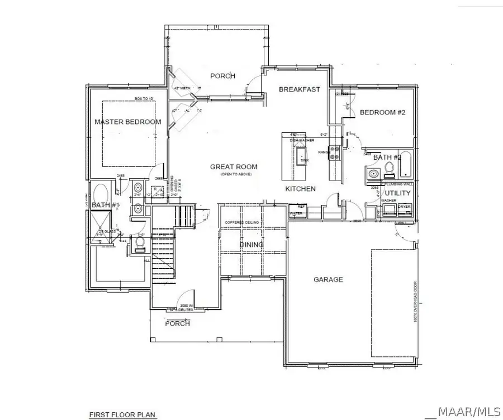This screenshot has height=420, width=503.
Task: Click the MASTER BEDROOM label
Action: (x=127, y=122)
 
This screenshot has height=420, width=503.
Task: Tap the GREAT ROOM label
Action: (x=234, y=166)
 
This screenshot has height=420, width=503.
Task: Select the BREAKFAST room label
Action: (x=299, y=89)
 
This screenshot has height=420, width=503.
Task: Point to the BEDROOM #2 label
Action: (x=382, y=112)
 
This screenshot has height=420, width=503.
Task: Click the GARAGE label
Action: (x=328, y=279)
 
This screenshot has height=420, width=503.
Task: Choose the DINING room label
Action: (x=251, y=245)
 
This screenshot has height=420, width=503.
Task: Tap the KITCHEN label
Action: (x=300, y=189)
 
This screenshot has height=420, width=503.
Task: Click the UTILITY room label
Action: (x=397, y=193)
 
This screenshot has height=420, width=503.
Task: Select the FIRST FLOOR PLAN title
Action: (x=122, y=415)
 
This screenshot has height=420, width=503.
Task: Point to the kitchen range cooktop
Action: (x=334, y=152)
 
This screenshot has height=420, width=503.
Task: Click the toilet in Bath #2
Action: (x=390, y=174)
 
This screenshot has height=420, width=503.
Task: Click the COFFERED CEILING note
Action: (x=241, y=223)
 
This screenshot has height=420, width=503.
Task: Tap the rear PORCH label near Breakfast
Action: (x=222, y=76)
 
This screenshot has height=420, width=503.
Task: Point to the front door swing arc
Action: (x=183, y=299)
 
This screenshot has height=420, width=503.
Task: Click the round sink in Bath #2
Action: (x=372, y=175)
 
